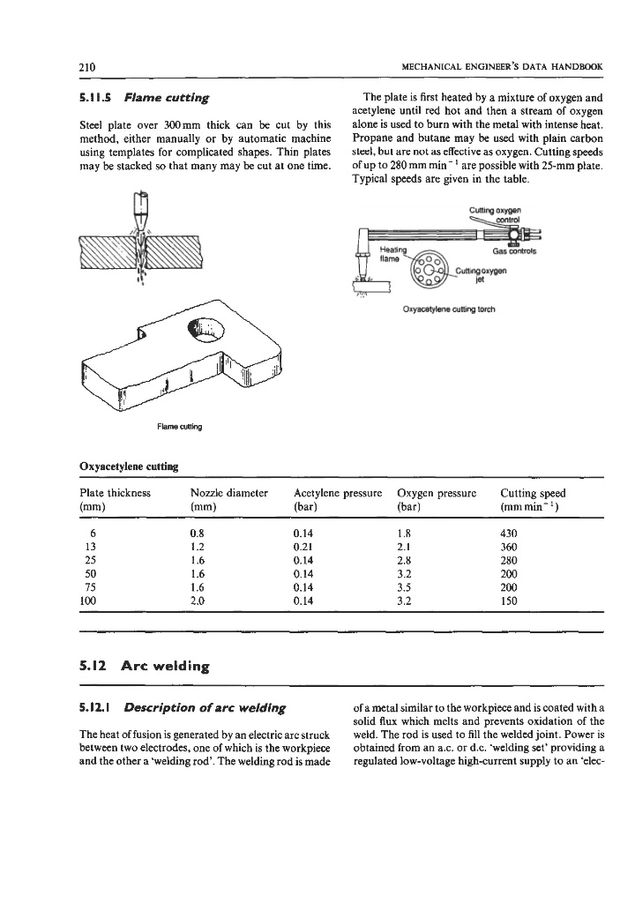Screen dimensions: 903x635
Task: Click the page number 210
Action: (86, 68)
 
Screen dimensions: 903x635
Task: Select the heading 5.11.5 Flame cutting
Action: (143, 96)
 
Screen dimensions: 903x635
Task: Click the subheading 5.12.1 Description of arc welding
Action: (182, 707)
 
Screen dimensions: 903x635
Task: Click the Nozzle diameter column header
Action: (228, 493)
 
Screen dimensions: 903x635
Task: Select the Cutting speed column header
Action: (533, 493)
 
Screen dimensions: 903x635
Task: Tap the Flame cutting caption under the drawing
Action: (179, 427)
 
